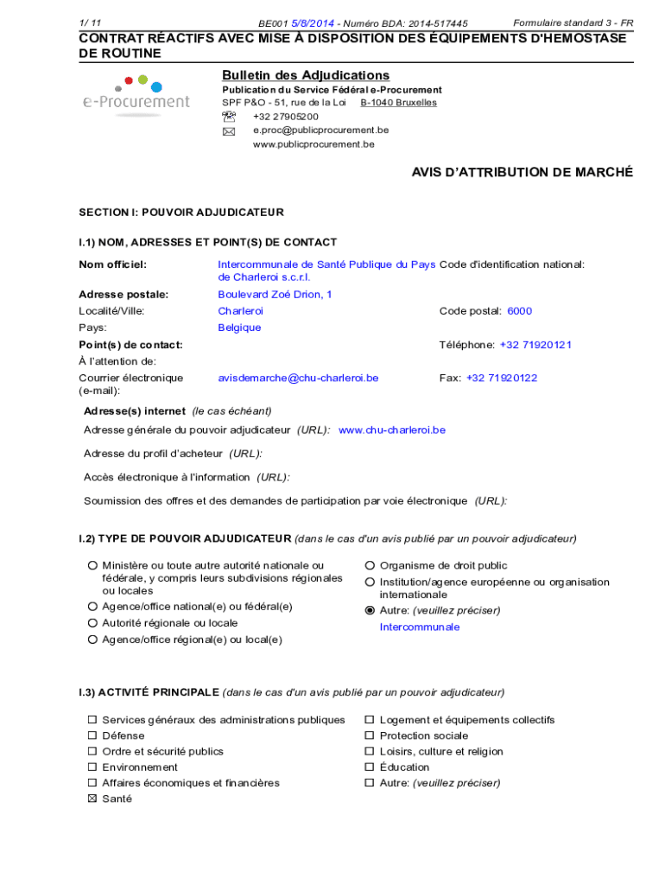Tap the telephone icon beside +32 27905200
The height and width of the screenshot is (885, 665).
228,117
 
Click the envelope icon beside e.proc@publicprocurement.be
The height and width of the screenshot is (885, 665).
228,131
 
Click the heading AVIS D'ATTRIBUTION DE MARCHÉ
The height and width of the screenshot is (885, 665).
522,173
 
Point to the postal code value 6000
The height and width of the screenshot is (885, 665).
519,311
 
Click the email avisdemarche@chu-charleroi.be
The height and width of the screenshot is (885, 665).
298,378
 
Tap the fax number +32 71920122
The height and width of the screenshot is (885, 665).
502,378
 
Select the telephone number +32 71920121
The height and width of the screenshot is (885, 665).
535,345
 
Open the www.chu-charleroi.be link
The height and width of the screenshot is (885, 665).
392,430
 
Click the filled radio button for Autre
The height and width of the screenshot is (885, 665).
370,610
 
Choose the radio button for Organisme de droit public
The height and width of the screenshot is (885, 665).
370,566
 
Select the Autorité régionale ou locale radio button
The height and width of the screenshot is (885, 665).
92,623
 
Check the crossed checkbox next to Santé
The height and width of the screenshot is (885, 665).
92,799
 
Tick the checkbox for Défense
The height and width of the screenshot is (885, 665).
92,736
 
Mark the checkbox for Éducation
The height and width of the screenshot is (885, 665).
370,767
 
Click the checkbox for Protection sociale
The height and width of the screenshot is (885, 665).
370,736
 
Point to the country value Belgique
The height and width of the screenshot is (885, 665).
239,328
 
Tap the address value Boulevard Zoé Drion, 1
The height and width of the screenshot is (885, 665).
275,295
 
